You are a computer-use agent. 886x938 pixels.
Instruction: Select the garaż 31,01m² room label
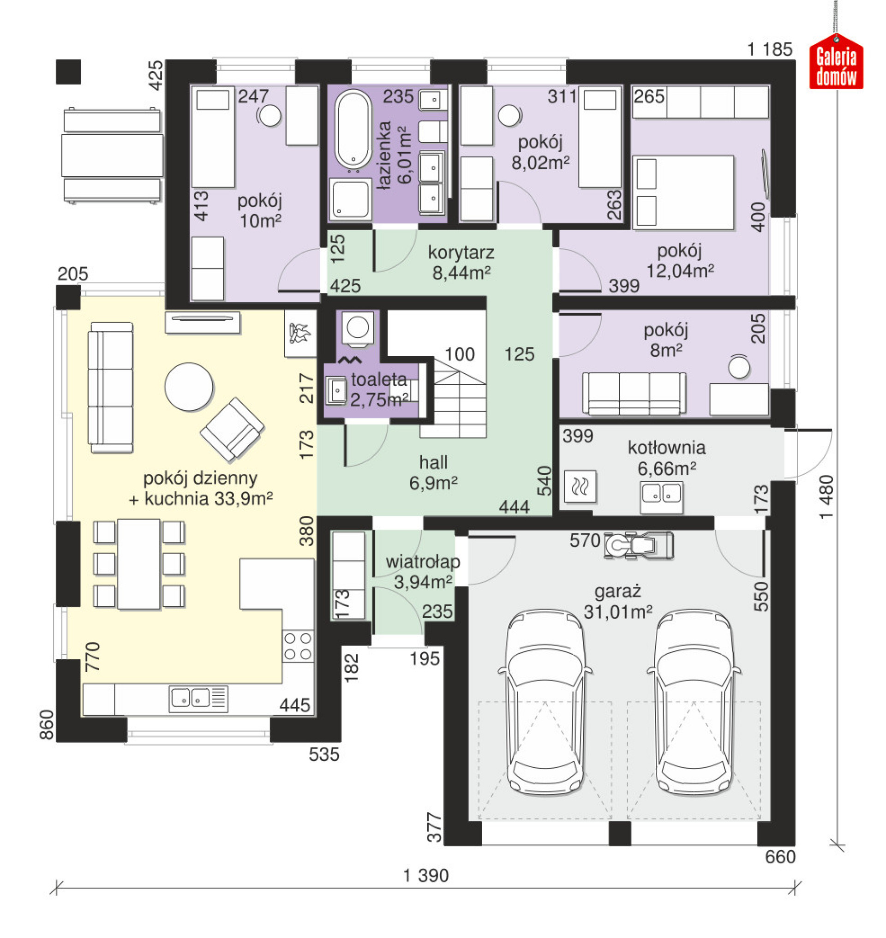coord(618,602)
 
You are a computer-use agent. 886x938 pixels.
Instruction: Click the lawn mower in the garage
coord(639,546)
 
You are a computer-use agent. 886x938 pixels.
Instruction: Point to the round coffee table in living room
coord(189,387)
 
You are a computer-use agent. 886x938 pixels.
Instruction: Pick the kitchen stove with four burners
coord(298,646)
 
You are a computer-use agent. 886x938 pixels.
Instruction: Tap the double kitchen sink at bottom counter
coord(191,698)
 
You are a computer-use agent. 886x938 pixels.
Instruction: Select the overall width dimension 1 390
coord(426,876)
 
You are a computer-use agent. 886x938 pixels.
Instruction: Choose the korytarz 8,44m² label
coord(461,263)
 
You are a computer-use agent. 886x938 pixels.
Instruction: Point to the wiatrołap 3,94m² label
coord(423,572)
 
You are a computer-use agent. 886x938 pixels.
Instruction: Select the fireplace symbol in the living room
coord(300,334)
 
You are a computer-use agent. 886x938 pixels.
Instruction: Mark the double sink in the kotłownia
coord(661,496)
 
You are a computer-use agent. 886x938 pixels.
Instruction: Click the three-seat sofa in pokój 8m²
coord(634,394)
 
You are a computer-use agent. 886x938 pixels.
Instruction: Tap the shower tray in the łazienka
coord(350,199)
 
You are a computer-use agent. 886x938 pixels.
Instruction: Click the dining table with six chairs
coord(139,564)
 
